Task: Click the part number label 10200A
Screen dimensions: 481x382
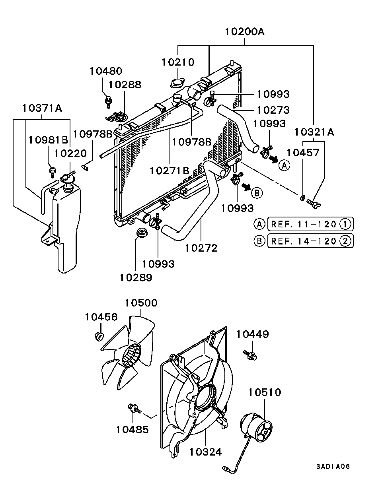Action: (245, 31)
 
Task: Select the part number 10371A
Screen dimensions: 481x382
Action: (42, 108)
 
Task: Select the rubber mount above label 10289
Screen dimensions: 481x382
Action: (141, 233)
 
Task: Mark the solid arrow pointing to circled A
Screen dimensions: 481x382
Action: (273, 159)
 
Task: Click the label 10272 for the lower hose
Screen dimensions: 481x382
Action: (201, 248)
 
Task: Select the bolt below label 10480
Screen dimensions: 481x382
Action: (107, 101)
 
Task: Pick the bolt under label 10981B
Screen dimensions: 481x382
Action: (52, 171)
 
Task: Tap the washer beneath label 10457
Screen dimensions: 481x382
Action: (302, 198)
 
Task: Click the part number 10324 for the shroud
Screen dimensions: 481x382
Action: (205, 452)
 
